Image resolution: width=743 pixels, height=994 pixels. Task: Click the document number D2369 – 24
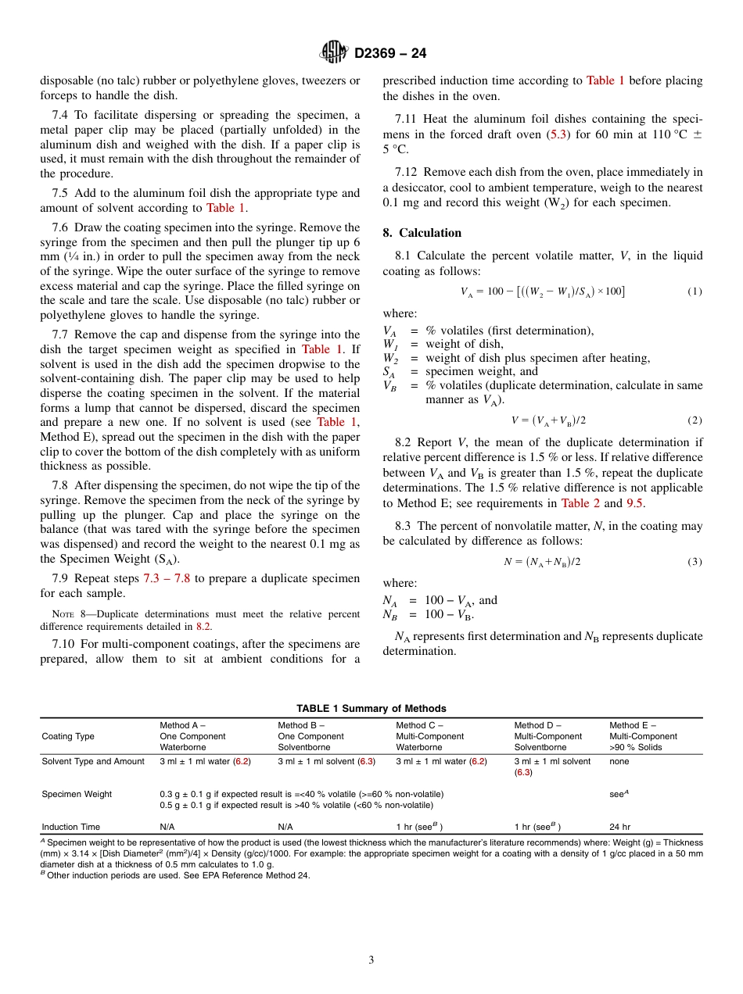click(x=390, y=54)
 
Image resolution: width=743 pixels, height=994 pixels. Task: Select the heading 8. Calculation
click(x=422, y=233)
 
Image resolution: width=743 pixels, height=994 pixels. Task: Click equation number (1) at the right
click(x=695, y=291)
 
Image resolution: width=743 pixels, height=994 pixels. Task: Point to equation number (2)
click(x=695, y=420)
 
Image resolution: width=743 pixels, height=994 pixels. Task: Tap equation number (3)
click(x=695, y=562)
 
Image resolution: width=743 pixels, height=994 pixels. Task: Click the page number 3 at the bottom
click(x=371, y=960)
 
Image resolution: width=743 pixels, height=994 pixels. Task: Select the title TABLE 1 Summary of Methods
click(x=371, y=709)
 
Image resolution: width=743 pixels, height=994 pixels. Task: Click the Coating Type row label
click(x=68, y=736)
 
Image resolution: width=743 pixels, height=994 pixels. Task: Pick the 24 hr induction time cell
click(x=619, y=827)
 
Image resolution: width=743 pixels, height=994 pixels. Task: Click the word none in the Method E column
click(x=619, y=761)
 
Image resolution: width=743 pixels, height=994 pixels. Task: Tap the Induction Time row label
click(x=70, y=827)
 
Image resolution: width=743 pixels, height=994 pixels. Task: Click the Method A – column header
click(x=182, y=725)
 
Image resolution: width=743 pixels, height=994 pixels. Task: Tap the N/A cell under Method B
click(x=285, y=827)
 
